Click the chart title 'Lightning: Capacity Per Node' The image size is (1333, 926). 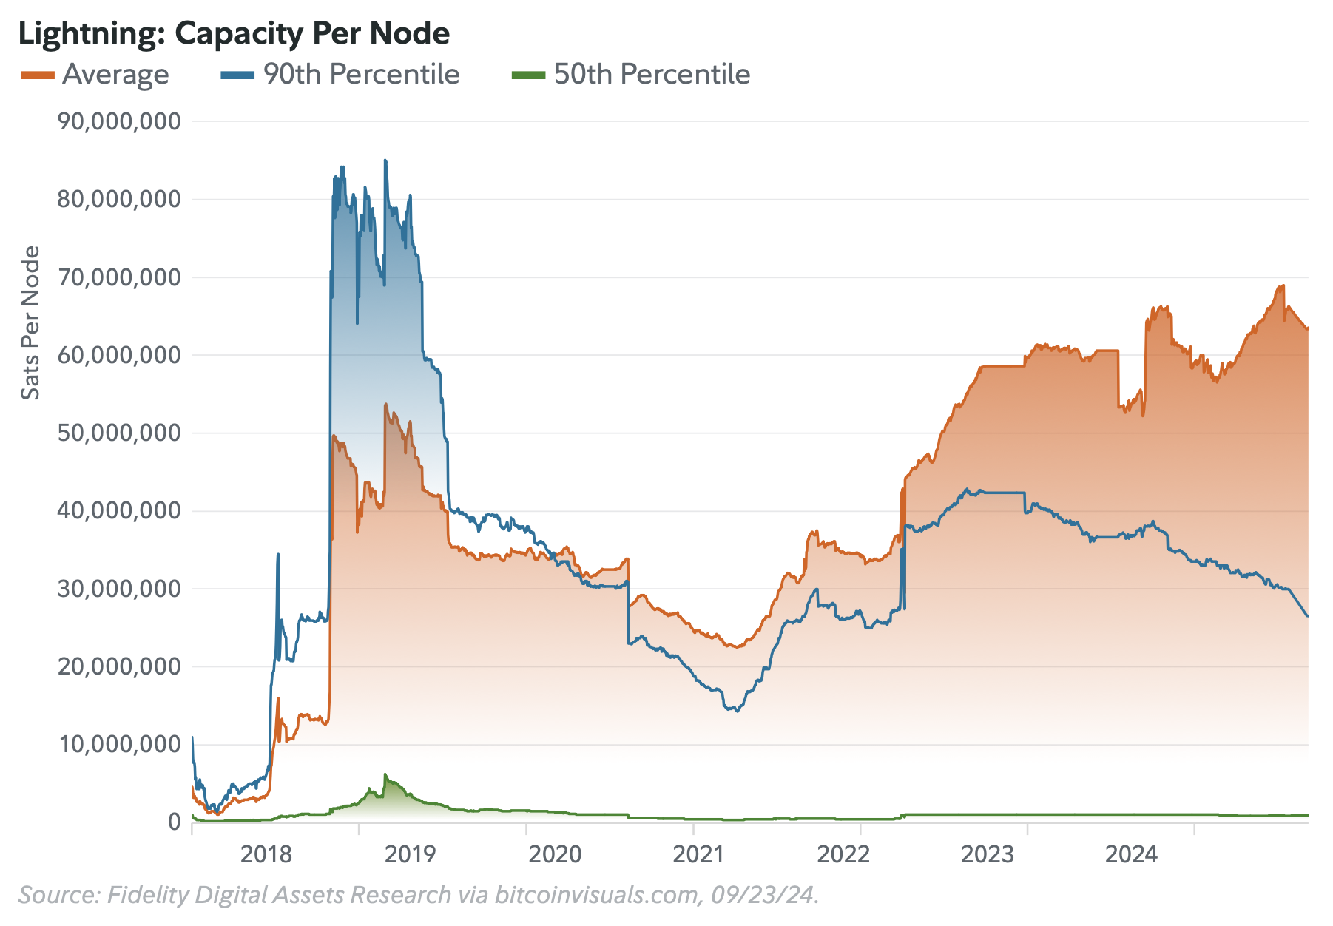[x=234, y=34]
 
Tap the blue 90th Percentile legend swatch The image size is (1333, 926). [x=237, y=75]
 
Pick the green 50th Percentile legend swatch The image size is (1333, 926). [x=528, y=75]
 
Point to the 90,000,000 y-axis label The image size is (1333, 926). [x=118, y=121]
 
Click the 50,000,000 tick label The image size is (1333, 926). [x=118, y=433]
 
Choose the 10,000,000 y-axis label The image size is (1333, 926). [x=118, y=744]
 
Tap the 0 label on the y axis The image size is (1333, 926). [x=174, y=822]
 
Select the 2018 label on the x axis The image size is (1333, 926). [x=266, y=855]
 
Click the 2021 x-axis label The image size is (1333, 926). [x=698, y=855]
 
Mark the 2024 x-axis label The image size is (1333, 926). [x=1130, y=855]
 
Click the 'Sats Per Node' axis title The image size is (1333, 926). [x=30, y=323]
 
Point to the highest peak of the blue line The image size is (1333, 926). [x=385, y=160]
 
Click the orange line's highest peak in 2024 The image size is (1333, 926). [x=1283, y=285]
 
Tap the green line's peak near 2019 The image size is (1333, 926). [x=385, y=775]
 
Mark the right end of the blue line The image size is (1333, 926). [x=1307, y=616]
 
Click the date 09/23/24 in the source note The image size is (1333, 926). [x=763, y=895]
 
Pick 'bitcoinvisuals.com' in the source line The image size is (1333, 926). [x=596, y=895]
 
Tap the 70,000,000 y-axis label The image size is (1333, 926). [x=118, y=277]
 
